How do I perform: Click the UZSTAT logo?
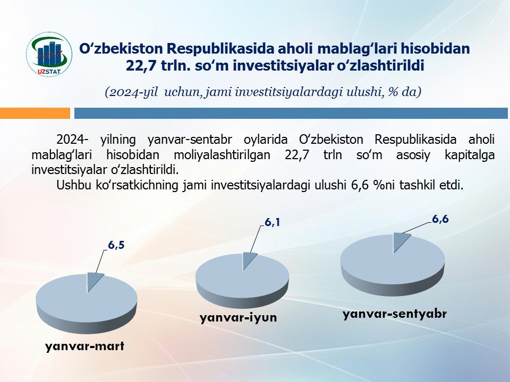[49, 54]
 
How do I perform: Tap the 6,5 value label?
[116, 245]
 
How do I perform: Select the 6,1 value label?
[272, 222]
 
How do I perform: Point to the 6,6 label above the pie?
[440, 219]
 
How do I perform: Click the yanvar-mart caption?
[84, 346]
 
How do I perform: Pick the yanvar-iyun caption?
[239, 317]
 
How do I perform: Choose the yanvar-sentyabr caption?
[395, 314]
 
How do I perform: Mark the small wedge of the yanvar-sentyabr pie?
[399, 241]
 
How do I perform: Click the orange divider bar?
[35, 114]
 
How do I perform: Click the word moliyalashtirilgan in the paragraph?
[222, 155]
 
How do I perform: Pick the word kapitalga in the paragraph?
[469, 155]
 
